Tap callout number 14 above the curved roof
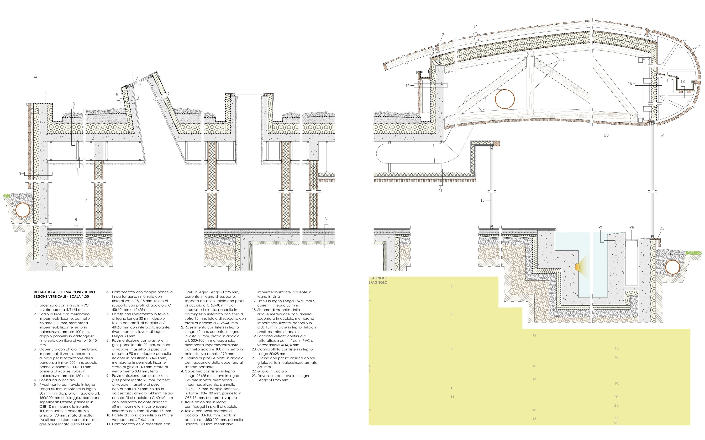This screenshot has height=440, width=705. point(475,26)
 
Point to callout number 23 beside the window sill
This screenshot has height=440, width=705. point(662,228)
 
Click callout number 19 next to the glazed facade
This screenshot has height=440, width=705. point(662,136)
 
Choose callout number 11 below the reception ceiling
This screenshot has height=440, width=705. point(440,191)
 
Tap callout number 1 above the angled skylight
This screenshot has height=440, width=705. point(133,74)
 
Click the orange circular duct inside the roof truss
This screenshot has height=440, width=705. point(505,99)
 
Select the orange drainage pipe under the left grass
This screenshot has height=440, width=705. point(23,210)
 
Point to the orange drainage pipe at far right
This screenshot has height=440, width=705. point(673,267)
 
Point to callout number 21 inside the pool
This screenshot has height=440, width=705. point(600,228)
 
